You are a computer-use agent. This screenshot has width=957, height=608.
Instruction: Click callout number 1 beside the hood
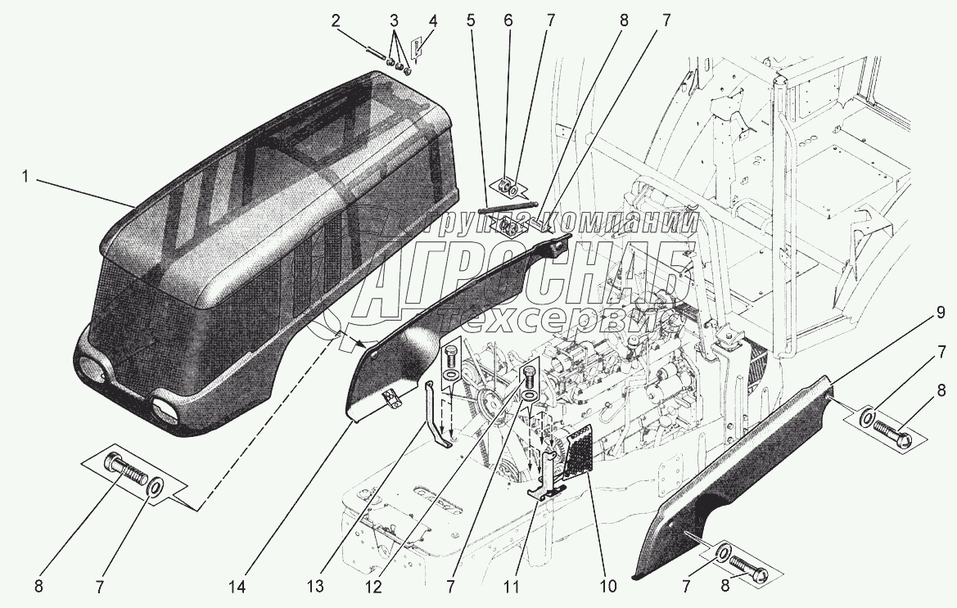coord(25,177)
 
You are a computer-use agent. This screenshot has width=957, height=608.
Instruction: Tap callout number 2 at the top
coord(335,20)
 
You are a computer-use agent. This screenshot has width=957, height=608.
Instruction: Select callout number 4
coord(433,20)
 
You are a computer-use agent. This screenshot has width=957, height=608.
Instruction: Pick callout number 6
coord(508,20)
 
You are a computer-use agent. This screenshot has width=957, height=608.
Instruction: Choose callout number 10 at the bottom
coord(608,588)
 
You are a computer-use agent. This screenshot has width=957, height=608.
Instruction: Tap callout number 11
coord(511,588)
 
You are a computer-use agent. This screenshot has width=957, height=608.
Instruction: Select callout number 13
coord(315,588)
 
